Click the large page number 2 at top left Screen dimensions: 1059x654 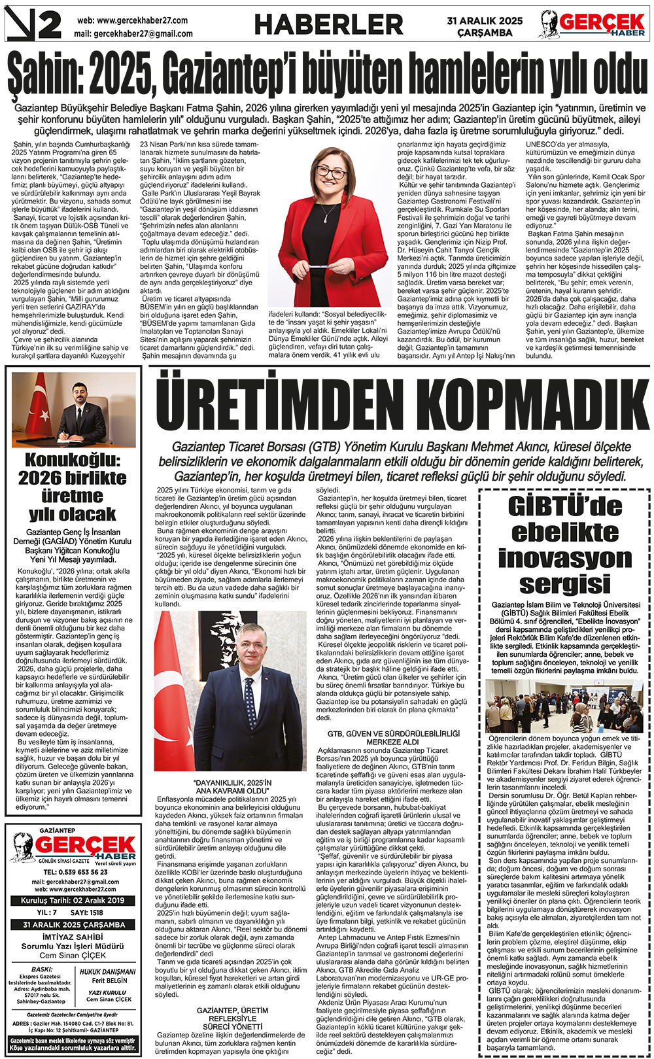point(48,25)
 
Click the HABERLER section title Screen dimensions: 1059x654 point(328,25)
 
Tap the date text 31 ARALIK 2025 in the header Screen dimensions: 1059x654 point(485,21)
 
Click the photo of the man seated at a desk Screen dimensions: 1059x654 point(74,410)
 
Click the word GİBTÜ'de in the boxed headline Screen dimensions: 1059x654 point(564,507)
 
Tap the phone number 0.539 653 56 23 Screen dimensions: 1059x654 point(75,872)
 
